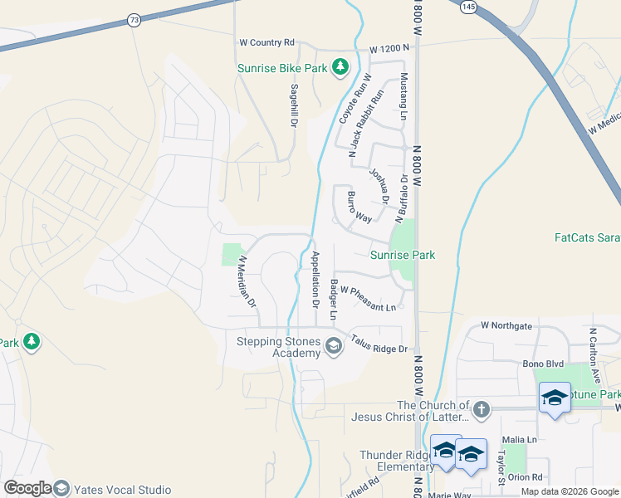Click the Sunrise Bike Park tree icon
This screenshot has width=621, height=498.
[x=339, y=67]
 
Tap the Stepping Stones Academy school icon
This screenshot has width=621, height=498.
[x=334, y=345]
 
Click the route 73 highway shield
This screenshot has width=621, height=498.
[x=134, y=18]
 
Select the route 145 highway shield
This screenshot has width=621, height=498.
[x=469, y=7]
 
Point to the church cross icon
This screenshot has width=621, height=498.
[x=481, y=408]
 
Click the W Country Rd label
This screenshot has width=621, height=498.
[x=266, y=42]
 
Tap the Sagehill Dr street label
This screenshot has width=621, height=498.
[x=294, y=105]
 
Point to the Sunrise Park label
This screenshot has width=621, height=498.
[x=403, y=255]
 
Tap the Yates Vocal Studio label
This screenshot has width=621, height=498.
[x=122, y=490]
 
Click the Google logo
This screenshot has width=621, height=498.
[x=27, y=489]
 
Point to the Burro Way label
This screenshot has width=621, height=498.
[x=359, y=208]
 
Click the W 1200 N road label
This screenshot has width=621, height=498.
[x=390, y=49]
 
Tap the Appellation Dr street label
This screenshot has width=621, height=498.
[x=315, y=279]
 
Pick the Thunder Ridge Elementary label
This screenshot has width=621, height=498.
[x=397, y=461]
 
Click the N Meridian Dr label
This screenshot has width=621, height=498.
[x=247, y=282]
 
